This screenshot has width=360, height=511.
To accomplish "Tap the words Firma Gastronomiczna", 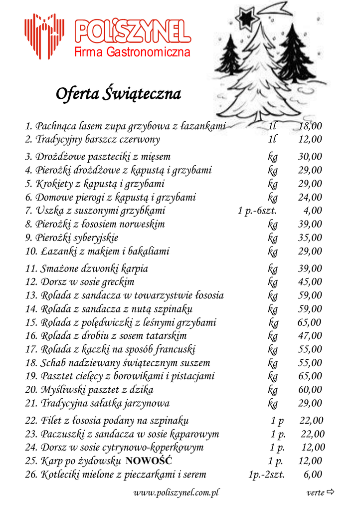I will tap(133, 52).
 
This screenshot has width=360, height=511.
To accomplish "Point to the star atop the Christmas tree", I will tap(247, 18).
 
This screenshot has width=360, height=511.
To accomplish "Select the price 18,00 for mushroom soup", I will tap(311, 126).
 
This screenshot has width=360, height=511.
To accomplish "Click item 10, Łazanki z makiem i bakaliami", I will tap(97, 251).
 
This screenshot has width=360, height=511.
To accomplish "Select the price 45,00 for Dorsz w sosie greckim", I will tap(311, 282).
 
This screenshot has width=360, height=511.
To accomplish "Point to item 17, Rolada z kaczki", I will tap(110, 349).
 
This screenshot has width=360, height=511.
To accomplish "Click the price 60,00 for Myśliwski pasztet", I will tap(311, 389).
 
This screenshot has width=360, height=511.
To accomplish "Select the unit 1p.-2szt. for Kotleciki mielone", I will tap(267, 474).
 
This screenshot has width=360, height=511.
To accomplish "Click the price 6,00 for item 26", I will tap(313, 474).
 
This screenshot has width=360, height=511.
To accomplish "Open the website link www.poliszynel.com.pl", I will tap(177, 493).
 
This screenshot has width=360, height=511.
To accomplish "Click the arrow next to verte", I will tap(330, 493).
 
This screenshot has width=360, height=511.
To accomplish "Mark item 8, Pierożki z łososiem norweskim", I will tap(95, 224).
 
